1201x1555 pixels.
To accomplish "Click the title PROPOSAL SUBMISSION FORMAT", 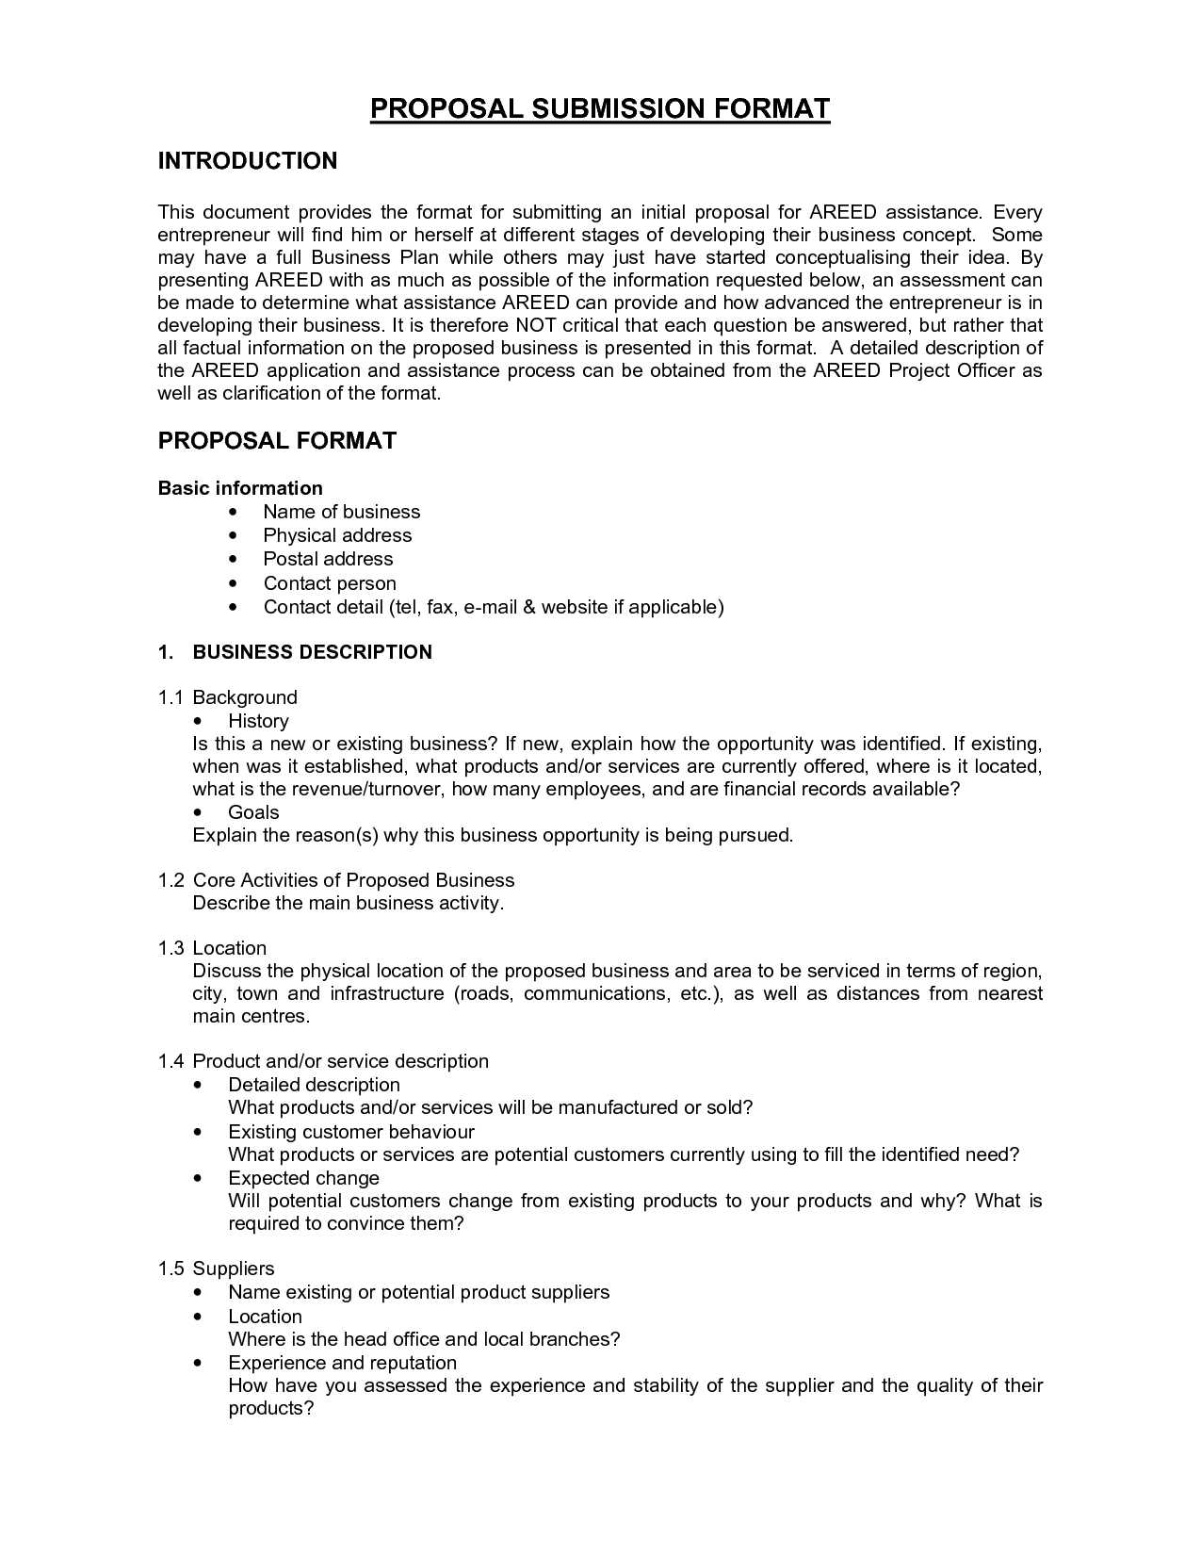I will pos(599,108).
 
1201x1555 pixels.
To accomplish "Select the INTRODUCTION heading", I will pos(247,161).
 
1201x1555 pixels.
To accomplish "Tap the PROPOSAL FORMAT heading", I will pos(277,441).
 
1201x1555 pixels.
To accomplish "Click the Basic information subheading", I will pos(240,488).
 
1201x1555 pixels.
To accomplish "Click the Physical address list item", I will pos(337,535).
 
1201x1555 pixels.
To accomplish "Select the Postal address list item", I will pos(328,559).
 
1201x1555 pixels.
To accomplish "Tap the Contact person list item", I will pos(330,583).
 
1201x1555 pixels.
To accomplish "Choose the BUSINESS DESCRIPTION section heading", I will pos(312,652).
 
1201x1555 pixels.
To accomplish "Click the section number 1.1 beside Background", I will pos(170,697).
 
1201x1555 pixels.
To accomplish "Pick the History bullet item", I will pos(258,721).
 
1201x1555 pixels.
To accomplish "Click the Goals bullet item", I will pos(253,812).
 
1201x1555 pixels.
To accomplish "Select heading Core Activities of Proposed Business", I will pos(353,880).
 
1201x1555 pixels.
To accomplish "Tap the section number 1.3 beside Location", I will pos(170,948).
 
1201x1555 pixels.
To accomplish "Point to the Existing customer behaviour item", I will pos(350,1132).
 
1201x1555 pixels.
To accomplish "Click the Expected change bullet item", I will pos(303,1178).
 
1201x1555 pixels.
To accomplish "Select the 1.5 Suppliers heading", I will pos(217,1269).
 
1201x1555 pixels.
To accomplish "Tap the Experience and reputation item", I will pos(342,1363).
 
